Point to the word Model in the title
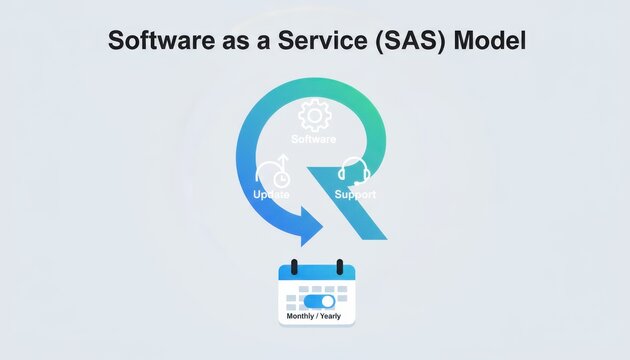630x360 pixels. coord(490,42)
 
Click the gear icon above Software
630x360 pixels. coord(315,115)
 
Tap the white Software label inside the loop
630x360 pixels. coord(313,138)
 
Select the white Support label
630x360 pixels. coord(355,194)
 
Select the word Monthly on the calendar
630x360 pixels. coord(301,316)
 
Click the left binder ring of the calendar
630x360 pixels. coord(295,268)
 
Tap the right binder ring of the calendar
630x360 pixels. coord(339,268)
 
